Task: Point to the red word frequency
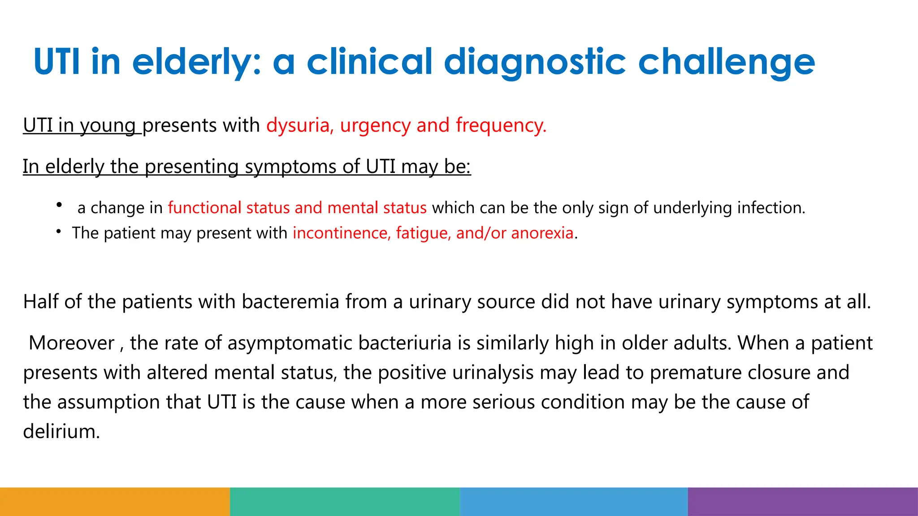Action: [x=501, y=125]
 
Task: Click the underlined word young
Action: [x=108, y=125]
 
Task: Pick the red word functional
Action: [x=205, y=208]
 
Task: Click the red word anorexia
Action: [x=542, y=233]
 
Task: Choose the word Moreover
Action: [x=72, y=343]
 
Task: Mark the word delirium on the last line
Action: [x=61, y=432]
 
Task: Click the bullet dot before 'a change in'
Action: [x=59, y=205]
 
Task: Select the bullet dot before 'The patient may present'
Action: [x=59, y=231]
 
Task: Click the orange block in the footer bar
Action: [x=115, y=502]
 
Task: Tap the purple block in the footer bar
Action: [x=803, y=502]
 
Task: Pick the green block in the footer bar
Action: [x=345, y=502]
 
